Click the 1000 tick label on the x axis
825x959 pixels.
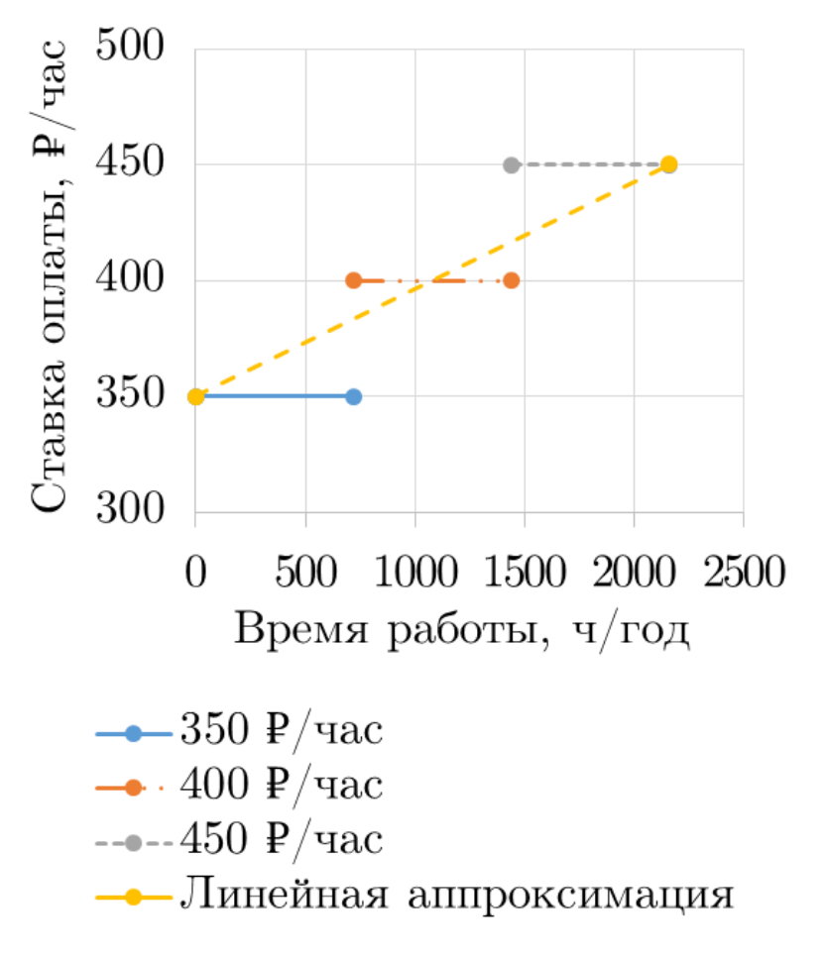[x=415, y=572]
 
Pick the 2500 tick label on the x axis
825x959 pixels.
[x=743, y=572]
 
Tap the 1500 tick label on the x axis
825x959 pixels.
[x=525, y=572]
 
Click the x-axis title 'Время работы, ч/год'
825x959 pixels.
[x=461, y=630]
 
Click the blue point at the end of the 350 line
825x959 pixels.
[x=354, y=396]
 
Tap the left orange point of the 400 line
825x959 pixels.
[x=354, y=280]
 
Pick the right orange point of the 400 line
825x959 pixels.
[x=512, y=280]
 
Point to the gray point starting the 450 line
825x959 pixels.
[x=512, y=164]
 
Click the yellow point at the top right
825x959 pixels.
[x=669, y=164]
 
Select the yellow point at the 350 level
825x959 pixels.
[x=196, y=396]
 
